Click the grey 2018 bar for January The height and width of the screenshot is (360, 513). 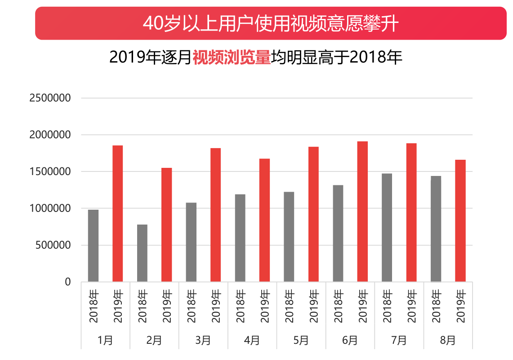[x=93, y=246]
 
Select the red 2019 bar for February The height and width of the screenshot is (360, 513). [x=166, y=225]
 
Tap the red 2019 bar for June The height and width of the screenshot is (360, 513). [x=362, y=211]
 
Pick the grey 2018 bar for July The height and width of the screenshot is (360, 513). [x=387, y=228]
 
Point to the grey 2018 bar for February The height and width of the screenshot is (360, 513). [x=142, y=253]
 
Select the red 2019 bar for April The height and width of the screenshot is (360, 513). [x=264, y=220]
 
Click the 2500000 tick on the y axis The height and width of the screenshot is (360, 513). [x=50, y=98]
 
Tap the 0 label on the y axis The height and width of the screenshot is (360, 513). [x=68, y=282]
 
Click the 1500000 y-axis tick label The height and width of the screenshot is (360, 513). [x=50, y=172]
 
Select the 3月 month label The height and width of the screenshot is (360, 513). [x=203, y=340]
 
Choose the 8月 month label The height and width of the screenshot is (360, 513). [x=448, y=340]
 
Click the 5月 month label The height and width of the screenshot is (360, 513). [x=301, y=340]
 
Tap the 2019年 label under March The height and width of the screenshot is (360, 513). [x=216, y=307]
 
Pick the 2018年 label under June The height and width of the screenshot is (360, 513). [x=338, y=307]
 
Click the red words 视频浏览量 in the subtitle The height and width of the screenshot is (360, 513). [x=232, y=58]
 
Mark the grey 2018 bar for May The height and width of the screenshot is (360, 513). [x=289, y=237]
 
